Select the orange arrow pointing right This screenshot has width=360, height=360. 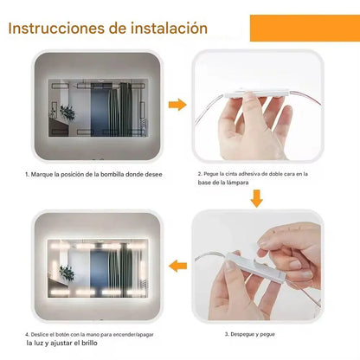coord(177,105)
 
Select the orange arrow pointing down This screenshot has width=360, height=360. coord(256,199)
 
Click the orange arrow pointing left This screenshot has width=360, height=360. coord(177,265)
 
